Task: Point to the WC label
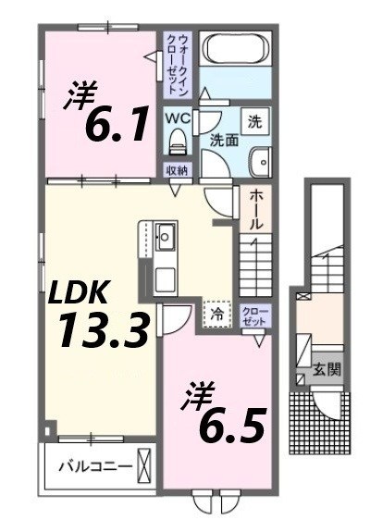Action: [x=179, y=119]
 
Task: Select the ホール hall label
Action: [x=256, y=210]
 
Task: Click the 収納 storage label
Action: [x=178, y=170]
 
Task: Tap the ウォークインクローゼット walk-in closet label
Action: [x=178, y=63]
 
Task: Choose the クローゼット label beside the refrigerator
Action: [x=253, y=314]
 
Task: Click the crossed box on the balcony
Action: [x=144, y=465]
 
